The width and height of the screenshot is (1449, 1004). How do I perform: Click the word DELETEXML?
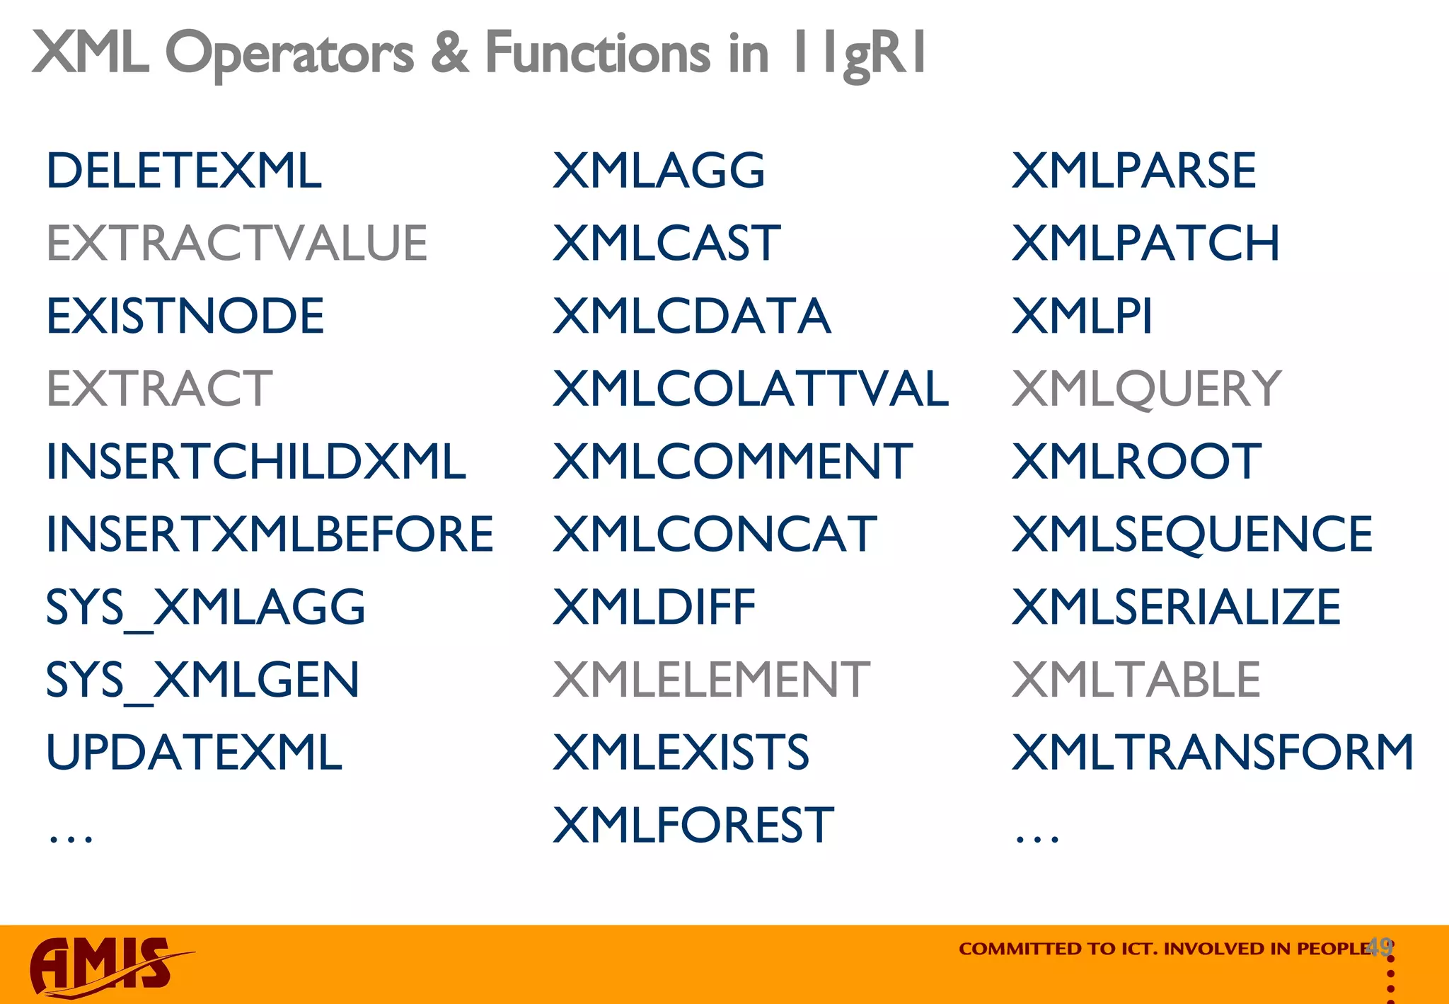pyautogui.click(x=183, y=171)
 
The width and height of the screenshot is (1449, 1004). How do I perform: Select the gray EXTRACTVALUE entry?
pyautogui.click(x=236, y=244)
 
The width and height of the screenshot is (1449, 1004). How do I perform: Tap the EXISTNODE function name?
pyautogui.click(x=185, y=316)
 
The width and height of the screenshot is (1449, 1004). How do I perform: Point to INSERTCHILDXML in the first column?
pyautogui.click(x=255, y=462)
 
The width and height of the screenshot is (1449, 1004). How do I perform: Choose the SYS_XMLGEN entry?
pyautogui.click(x=202, y=680)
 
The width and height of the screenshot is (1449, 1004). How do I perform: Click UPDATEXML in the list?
pyautogui.click(x=194, y=753)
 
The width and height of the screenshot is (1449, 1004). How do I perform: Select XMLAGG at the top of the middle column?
pyautogui.click(x=658, y=171)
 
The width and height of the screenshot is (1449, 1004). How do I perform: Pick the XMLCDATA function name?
pyautogui.click(x=691, y=316)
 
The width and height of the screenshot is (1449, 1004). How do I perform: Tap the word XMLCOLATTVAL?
pyautogui.click(x=750, y=389)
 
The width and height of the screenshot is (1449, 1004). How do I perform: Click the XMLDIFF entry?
pyautogui.click(x=654, y=607)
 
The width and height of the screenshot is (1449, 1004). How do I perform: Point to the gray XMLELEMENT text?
pyautogui.click(x=710, y=680)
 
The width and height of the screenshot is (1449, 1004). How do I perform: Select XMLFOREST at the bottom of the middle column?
pyautogui.click(x=693, y=826)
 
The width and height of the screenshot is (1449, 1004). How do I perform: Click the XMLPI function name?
pyautogui.click(x=1082, y=316)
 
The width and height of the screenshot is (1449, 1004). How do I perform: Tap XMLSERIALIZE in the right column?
pyautogui.click(x=1176, y=607)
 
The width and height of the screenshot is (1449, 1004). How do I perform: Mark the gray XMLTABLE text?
pyautogui.click(x=1136, y=680)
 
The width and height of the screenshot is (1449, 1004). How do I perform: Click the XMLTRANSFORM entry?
pyautogui.click(x=1212, y=753)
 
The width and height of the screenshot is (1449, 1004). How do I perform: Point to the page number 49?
pyautogui.click(x=1380, y=947)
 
